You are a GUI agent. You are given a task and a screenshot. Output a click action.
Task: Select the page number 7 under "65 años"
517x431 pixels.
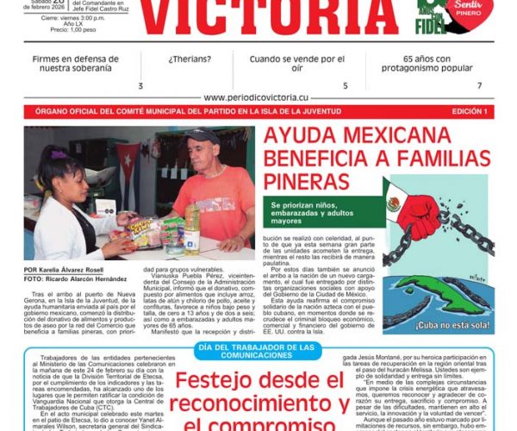tap(480, 85)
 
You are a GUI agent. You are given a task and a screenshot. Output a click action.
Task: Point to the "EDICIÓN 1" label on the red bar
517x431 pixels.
tap(473, 112)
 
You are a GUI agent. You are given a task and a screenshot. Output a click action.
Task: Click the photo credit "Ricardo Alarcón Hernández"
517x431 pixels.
tap(90, 279)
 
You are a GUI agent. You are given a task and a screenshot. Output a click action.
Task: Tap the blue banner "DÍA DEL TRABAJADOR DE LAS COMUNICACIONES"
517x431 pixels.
tap(258, 351)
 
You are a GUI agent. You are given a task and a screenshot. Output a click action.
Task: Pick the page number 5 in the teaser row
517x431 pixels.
tap(346, 85)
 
